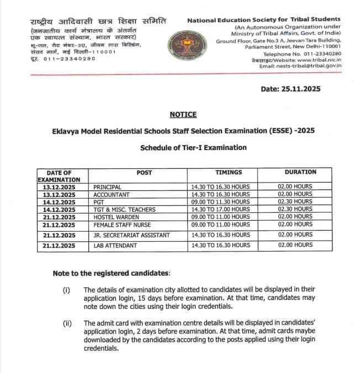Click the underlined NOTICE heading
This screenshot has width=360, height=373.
coord(183,114)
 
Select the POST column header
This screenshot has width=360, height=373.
coord(144,173)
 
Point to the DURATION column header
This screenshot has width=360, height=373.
coord(297,173)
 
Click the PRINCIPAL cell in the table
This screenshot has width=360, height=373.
coord(108,187)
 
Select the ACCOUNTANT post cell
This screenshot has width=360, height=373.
coord(112,195)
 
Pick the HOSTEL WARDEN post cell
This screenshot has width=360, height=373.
coord(116,217)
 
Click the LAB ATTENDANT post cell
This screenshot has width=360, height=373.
coord(115,246)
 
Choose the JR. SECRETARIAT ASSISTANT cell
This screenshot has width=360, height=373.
coord(131,235)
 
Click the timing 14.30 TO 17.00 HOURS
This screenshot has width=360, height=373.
coord(219,210)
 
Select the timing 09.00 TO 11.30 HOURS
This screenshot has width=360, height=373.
coord(219,202)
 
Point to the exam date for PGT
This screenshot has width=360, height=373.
coord(59,202)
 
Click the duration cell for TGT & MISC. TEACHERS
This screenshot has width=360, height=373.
coord(295,210)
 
